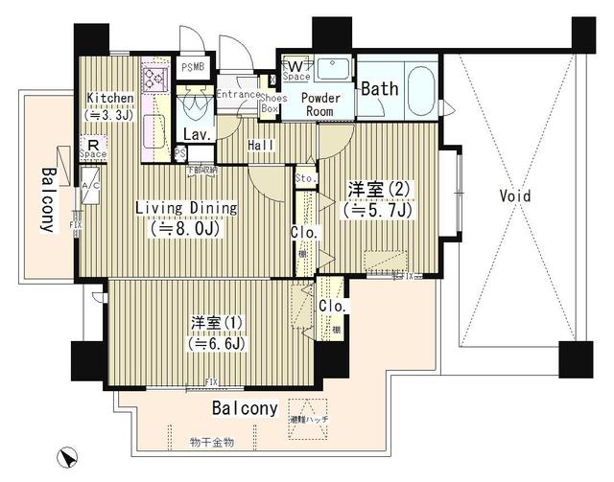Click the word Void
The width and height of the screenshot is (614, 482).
514,195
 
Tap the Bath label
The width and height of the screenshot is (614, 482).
380,88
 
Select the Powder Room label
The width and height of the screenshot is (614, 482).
322,103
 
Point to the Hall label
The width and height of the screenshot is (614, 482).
261,145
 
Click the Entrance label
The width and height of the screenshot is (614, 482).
237,94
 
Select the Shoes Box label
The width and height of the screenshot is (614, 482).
270,103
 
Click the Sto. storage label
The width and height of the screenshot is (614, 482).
306,178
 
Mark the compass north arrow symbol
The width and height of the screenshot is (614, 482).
67,455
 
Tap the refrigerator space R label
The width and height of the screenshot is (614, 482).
93,148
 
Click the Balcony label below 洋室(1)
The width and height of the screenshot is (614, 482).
246,408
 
